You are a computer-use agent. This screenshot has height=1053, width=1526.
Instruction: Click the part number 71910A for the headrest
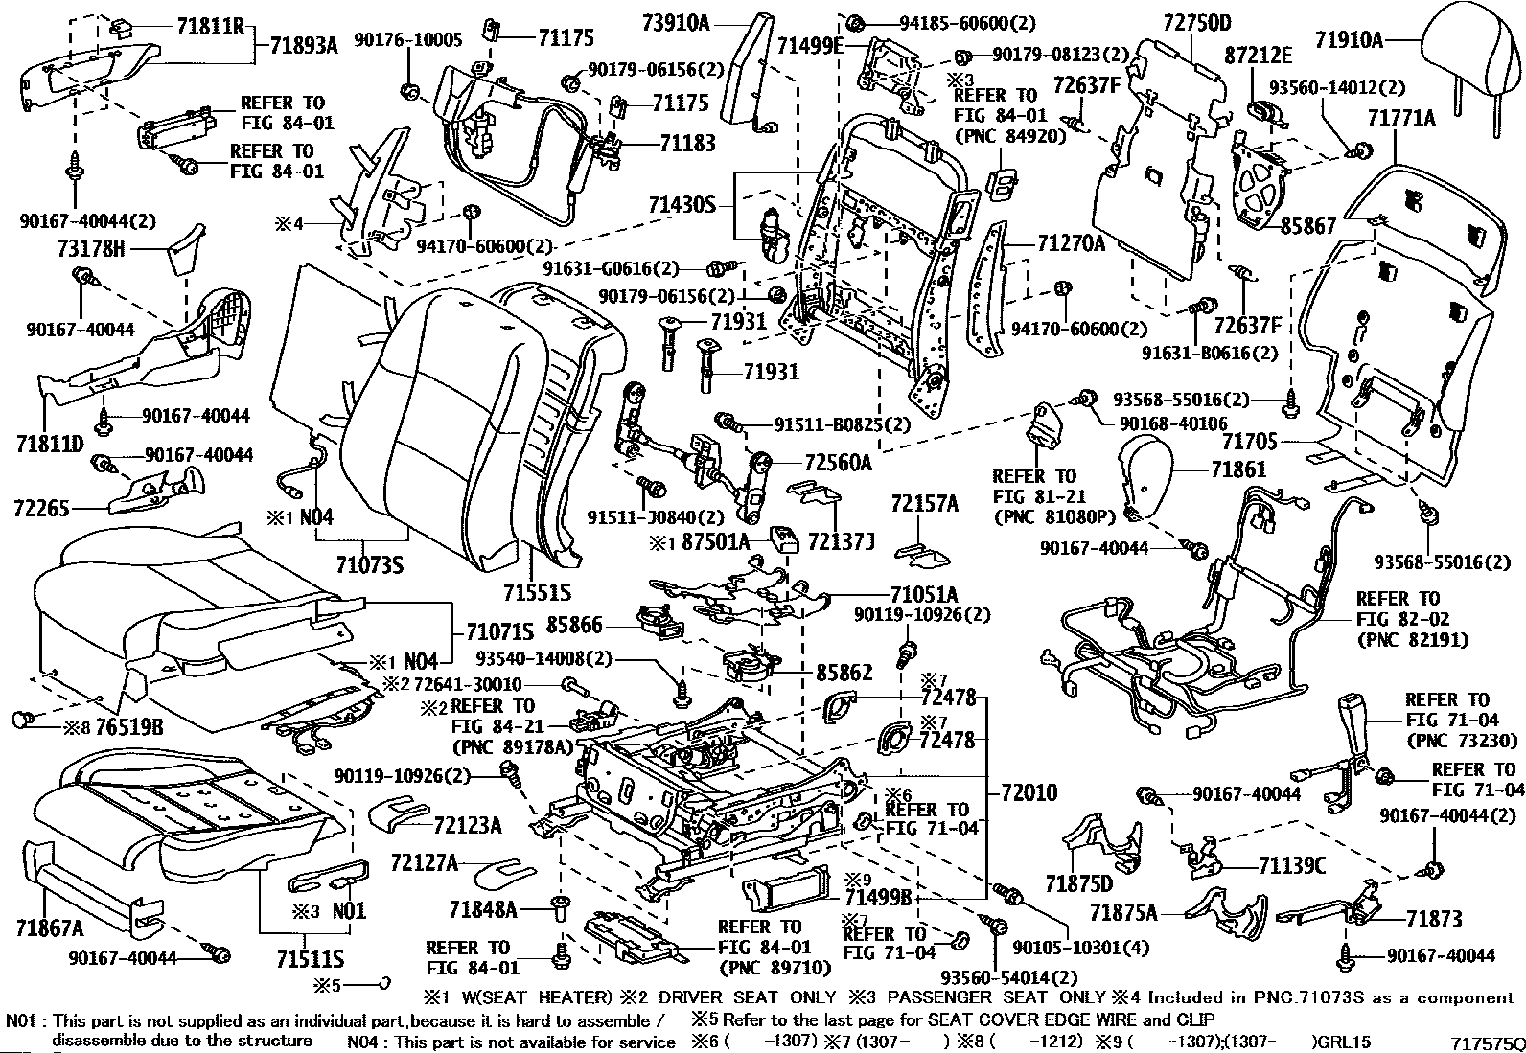click(x=1349, y=41)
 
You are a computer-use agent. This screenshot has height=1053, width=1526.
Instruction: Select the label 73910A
click(x=676, y=24)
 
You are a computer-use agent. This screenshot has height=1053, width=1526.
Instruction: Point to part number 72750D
click(x=1197, y=23)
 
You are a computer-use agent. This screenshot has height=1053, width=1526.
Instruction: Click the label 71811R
click(x=211, y=27)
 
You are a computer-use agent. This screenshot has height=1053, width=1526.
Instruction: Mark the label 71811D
click(x=50, y=444)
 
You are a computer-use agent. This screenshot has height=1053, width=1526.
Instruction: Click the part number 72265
click(x=41, y=508)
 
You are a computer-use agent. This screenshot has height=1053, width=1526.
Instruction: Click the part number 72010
click(x=1029, y=792)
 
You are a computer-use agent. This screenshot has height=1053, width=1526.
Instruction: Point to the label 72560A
click(x=838, y=463)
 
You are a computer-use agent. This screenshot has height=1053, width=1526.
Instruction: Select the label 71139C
click(x=1292, y=866)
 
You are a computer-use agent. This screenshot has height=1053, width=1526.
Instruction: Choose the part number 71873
click(x=1434, y=919)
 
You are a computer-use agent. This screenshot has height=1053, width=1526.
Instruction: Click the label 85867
click(x=1308, y=226)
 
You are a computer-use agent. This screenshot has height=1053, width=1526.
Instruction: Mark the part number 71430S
click(x=682, y=204)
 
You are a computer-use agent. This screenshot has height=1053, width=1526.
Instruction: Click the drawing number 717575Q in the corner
click(x=1487, y=1043)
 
